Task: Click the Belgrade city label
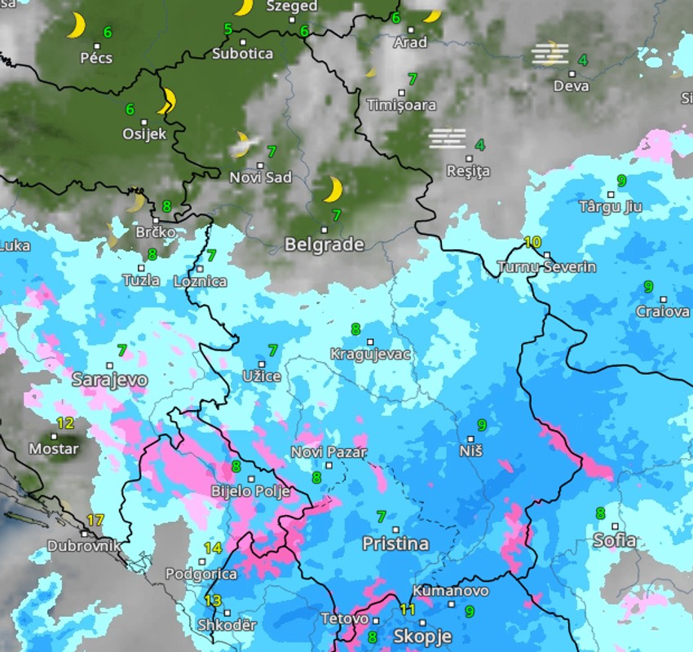[x=324, y=244]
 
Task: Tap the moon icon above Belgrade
[x=332, y=190]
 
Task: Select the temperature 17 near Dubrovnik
[x=95, y=520]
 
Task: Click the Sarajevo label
[x=109, y=380]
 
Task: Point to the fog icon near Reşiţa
[x=448, y=139]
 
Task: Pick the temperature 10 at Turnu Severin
[x=532, y=242]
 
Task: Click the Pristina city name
[x=395, y=544]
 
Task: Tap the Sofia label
[x=614, y=540]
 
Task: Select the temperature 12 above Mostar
[x=65, y=423]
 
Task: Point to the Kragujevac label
[x=371, y=355]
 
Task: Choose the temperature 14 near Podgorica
[x=213, y=548]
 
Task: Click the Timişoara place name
[x=401, y=105]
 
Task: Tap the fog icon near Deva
[x=550, y=54]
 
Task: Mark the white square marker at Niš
[x=470, y=439]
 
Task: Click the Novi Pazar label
[x=329, y=452]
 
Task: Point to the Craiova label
[x=663, y=311]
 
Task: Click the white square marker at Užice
[x=262, y=364]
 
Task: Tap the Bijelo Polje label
[x=245, y=491]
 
